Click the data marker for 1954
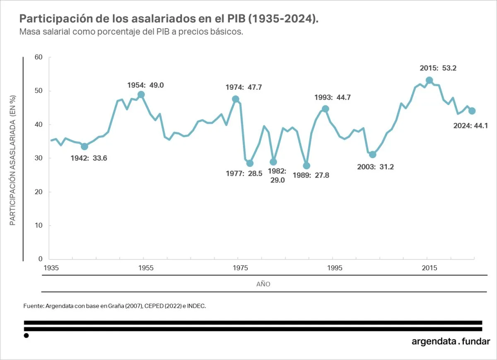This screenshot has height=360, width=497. point(141,95)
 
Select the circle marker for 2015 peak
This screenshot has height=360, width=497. point(429,80)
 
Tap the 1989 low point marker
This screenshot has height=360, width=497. point(306,166)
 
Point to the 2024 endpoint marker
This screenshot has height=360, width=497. point(472,111)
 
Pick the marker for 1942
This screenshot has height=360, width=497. point(84,146)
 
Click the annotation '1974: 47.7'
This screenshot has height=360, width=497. point(244,88)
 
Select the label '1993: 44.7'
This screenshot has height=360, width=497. point(333,98)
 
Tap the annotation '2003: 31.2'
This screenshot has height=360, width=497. point(375,167)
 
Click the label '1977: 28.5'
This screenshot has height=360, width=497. point(244,174)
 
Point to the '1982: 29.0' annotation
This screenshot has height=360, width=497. point(277,175)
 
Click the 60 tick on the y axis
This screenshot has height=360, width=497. point(39,57)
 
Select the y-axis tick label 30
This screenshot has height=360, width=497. point(39,158)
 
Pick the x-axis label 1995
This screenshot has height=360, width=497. point(335,268)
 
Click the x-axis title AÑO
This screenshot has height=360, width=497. point(263,285)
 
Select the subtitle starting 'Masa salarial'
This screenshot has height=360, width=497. point(131,32)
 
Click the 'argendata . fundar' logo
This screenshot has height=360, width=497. point(451,342)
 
